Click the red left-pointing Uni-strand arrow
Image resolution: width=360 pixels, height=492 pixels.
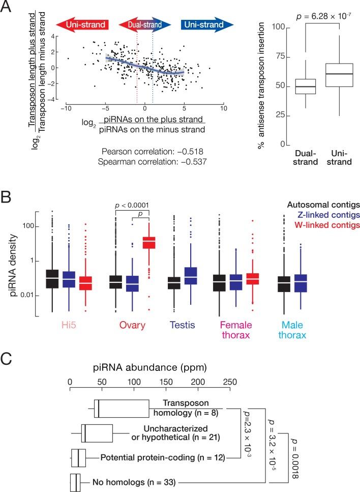pyautogui.click(x=84, y=24)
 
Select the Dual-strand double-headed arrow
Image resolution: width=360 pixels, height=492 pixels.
pyautogui.click(x=145, y=24)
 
